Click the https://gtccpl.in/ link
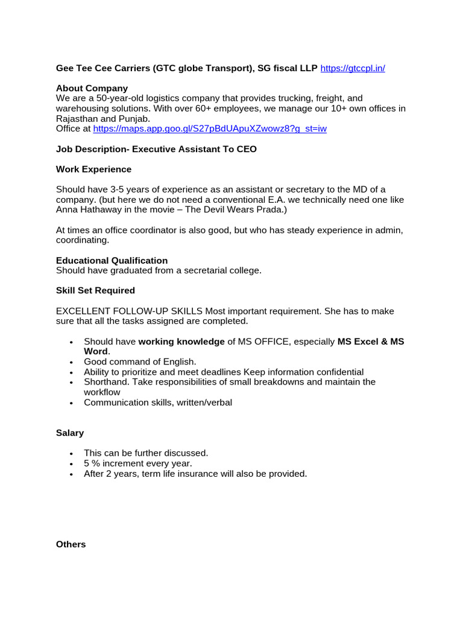click(353, 68)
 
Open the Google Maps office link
click(210, 129)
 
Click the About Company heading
click(92, 88)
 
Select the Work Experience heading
click(93, 169)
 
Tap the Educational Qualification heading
click(112, 261)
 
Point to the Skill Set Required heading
click(95, 290)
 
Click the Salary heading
click(70, 433)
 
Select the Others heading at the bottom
click(71, 544)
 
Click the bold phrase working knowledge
click(181, 342)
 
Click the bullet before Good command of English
click(72, 362)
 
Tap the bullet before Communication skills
click(72, 403)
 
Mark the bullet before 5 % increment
click(72, 463)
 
